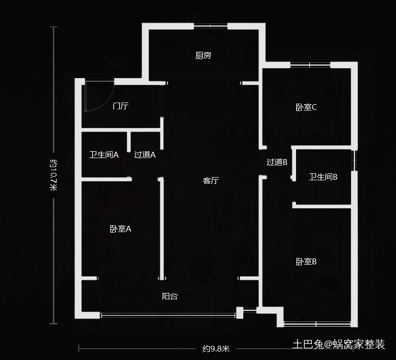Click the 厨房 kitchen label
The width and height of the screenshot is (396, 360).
(203, 56)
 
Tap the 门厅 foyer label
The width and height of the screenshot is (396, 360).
(121, 106)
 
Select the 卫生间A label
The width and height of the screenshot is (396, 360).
(104, 155)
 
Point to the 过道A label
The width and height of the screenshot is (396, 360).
(144, 155)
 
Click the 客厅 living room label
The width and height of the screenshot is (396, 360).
(211, 181)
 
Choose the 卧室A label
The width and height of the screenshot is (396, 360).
(121, 229)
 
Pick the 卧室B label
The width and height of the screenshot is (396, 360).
(306, 262)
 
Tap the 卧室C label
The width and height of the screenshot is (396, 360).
(306, 107)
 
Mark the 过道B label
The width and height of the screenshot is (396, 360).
(277, 162)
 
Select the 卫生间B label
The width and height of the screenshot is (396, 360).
(323, 177)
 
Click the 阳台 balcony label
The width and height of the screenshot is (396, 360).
(170, 297)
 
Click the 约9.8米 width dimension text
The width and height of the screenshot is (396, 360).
(216, 348)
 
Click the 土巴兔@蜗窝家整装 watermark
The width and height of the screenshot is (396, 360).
(338, 345)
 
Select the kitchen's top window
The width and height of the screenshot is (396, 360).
(211, 25)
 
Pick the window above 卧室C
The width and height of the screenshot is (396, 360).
(310, 65)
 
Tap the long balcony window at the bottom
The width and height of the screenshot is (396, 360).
(168, 315)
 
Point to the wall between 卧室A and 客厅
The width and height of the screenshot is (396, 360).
(160, 227)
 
